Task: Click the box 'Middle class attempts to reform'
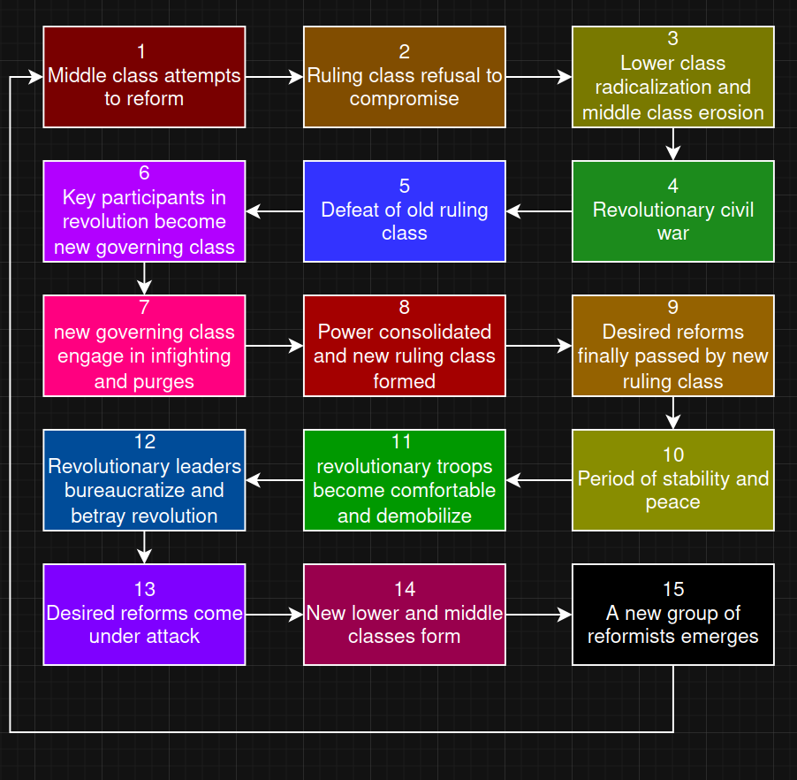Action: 144,77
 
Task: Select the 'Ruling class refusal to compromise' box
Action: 405,77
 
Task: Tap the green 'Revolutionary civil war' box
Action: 673,211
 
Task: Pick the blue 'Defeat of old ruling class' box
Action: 405,211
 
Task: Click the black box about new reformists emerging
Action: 673,615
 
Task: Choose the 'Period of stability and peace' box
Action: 673,480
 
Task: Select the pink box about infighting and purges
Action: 144,346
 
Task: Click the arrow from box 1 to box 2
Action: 274,77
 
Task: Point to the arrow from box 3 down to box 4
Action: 673,144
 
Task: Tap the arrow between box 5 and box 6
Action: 274,211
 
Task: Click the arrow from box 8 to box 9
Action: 539,346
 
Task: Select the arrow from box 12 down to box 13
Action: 144,547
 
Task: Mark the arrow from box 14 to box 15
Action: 539,614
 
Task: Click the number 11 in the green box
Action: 405,442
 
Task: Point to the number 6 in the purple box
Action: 144,173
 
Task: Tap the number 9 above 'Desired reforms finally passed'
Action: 673,308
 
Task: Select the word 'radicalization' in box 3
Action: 672,88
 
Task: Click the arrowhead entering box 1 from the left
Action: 35,77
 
